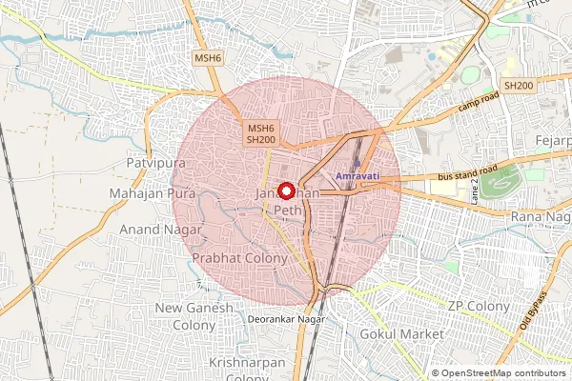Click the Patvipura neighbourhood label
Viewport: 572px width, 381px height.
[153, 163]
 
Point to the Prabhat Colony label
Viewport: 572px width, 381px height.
[239, 258]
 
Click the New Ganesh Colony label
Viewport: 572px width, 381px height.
[194, 316]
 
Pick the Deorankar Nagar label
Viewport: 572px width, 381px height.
[286, 318]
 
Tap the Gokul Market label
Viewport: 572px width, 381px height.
[401, 335]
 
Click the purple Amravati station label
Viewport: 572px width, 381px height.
[358, 177]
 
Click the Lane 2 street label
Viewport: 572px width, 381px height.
[472, 193]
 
